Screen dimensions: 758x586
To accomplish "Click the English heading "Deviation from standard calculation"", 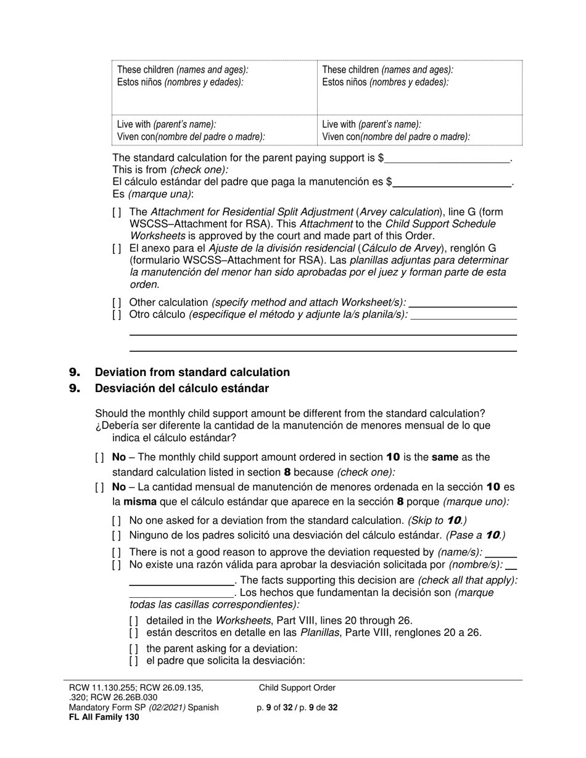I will pos(192,372).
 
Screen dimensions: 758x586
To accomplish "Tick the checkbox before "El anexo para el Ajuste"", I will pos(117,248).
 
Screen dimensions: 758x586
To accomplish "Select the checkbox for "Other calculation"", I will pos(117,303).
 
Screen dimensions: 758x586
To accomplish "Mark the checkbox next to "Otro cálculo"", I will pos(117,314).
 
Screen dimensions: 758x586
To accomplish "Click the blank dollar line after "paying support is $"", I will pos(447,158).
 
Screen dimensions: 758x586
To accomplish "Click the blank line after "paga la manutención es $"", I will pos(452,182).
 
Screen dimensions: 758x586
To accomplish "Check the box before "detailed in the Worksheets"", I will pos(134,621).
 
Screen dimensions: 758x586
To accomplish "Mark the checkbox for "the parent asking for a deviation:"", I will pos(134,648).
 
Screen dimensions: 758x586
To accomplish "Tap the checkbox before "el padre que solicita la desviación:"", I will pos(134,661).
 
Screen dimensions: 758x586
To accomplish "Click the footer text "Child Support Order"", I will pos(297,688).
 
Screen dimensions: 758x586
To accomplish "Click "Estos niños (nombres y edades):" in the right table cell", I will pos(386,82).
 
